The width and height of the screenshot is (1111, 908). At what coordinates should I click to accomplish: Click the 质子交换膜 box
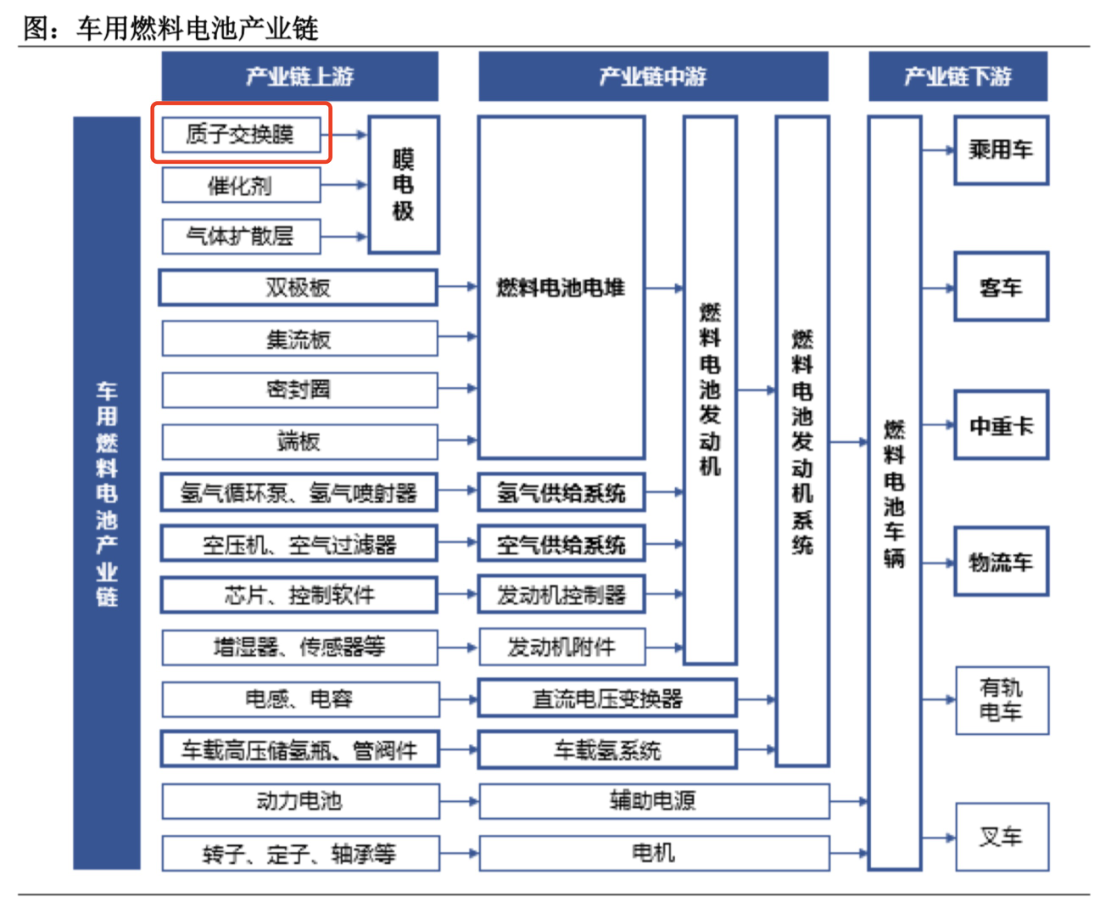coord(241,134)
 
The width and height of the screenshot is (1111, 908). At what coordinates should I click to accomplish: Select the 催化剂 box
coord(241,185)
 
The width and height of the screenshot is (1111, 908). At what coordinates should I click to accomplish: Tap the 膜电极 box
coord(403,185)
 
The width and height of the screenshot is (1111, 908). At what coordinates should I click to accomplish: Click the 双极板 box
coord(298,288)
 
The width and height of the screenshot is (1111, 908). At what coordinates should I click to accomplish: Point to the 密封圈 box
coord(299,390)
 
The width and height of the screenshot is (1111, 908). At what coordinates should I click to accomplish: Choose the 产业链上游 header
coord(299,76)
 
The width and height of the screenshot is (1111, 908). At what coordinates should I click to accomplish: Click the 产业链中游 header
coord(652,76)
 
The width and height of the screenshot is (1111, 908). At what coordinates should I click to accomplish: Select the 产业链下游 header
coord(957,76)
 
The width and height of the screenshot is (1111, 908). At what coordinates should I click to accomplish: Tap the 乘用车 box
coord(1001,150)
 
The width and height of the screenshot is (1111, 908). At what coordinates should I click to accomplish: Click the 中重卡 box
coord(1001,425)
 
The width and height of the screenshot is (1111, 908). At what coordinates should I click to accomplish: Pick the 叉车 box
coord(1002,837)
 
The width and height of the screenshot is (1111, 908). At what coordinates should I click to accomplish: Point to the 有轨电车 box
coord(1002,700)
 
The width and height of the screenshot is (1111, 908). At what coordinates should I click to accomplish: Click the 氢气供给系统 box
coord(561,492)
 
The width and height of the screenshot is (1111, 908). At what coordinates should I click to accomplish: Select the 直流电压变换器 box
coord(607,699)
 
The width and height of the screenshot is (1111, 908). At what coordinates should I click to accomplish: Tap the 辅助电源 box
coord(653,801)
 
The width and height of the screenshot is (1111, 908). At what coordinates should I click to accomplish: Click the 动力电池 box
coord(299,801)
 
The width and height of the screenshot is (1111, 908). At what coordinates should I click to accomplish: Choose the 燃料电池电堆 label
coord(561,288)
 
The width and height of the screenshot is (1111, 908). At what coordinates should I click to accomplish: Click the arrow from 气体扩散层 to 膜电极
coord(344,237)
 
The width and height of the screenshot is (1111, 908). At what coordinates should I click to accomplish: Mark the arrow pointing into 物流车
coord(938,563)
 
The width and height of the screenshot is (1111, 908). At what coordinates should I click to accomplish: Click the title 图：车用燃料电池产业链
coord(170,28)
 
